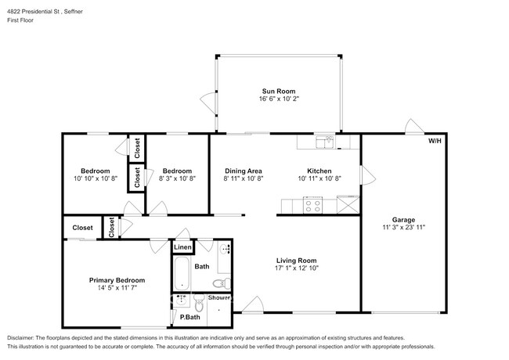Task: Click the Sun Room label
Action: [279, 91]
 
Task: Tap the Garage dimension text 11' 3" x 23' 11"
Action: [403, 227]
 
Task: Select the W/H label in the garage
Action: [435, 141]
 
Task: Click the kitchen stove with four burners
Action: [313, 205]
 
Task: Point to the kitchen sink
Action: [326, 142]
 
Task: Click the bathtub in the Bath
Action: [182, 274]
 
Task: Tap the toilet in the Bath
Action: [222, 283]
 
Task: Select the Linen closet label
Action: [182, 247]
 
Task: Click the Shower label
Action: [219, 297]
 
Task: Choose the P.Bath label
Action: [190, 317]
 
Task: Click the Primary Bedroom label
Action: [117, 280]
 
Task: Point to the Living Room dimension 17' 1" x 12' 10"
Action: [296, 268]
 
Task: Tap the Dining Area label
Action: [243, 171]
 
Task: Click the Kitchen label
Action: [319, 171]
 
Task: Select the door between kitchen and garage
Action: [368, 175]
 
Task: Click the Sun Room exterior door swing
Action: [208, 103]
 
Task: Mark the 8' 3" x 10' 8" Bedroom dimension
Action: [177, 178]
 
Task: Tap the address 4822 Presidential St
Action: [34, 12]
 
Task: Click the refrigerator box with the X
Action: [348, 204]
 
